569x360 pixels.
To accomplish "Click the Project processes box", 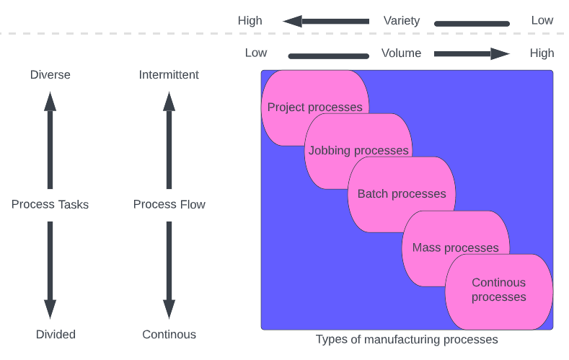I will tap(314, 107).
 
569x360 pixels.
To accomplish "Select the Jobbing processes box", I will tap(358, 151).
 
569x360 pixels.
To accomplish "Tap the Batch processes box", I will tap(402, 194).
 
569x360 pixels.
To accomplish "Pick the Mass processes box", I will tap(455, 247).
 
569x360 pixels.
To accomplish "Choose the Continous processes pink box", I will tap(499, 290).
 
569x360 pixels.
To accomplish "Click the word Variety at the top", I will tap(402, 21).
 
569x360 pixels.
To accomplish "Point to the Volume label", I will tap(401, 53).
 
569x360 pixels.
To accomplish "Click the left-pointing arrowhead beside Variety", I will tap(293, 21).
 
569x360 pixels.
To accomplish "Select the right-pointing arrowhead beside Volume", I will tap(500, 53).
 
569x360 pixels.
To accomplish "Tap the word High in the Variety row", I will tap(250, 21).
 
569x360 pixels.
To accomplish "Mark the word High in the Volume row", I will tap(542, 53).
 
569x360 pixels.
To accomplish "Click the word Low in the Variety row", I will tap(542, 20).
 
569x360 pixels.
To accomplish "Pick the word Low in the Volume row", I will tap(256, 53).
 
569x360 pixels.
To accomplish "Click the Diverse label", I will tap(50, 75).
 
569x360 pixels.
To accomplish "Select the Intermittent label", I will tap(169, 75).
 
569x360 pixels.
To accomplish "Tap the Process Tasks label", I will tap(50, 204).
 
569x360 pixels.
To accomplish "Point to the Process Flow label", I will tap(169, 204).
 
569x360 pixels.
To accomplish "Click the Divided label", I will tap(56, 334).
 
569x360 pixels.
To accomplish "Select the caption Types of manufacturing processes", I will tap(407, 339).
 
